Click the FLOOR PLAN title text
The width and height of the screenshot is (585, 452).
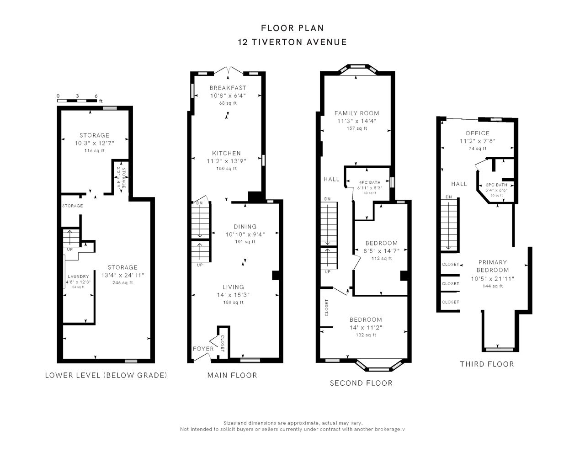coord(292,28)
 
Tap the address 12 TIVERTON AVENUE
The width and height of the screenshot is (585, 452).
coord(292,42)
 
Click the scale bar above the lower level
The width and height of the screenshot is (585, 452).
coord(77,101)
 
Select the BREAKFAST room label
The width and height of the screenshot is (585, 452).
coord(228,88)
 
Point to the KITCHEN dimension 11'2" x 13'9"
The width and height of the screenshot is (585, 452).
coord(226,161)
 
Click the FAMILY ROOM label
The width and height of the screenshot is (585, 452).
coord(356,113)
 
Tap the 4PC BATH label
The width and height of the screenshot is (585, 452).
coord(370,182)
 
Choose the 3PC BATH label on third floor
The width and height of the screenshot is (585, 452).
coord(496,185)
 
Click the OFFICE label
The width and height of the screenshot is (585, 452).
coord(478,133)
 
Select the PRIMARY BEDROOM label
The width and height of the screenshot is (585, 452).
coord(493,266)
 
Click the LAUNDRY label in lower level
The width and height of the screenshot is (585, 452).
coord(78,277)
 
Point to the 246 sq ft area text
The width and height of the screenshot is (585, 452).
coord(122,282)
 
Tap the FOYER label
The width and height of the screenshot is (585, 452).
coord(203,349)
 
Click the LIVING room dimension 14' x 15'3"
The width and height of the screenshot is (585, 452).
coord(233,295)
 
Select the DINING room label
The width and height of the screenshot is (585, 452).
coord(245,226)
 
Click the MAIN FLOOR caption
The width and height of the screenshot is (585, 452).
coord(232,375)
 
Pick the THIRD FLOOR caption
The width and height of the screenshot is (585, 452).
coord(487,364)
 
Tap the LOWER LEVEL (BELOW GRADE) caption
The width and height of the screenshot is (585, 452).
coord(106,375)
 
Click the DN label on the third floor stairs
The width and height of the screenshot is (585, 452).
coord(448,197)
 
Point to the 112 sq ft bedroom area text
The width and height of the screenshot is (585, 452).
coord(382,258)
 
